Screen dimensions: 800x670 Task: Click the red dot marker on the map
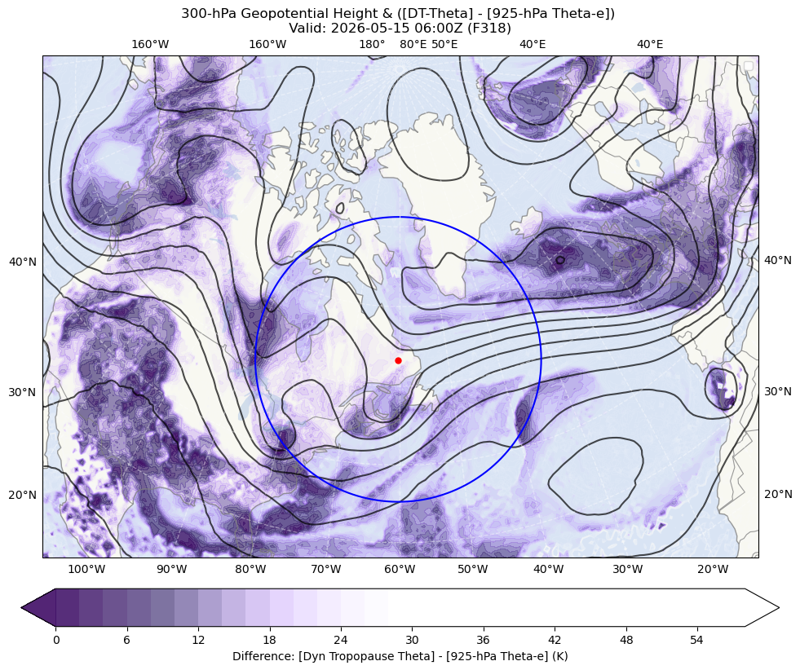click(x=398, y=360)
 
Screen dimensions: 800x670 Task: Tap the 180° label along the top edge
click(x=372, y=44)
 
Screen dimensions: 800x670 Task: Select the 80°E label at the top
click(x=413, y=44)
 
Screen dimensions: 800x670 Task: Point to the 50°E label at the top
click(x=444, y=44)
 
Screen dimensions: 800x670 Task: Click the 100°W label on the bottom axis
click(x=86, y=569)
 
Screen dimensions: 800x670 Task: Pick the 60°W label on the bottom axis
click(x=400, y=569)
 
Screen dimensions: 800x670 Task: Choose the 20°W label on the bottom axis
click(x=713, y=569)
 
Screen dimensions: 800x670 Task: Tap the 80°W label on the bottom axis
click(x=250, y=569)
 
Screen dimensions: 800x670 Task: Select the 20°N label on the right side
click(x=777, y=494)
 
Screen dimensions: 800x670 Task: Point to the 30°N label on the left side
click(x=23, y=393)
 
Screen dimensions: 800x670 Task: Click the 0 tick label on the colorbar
click(x=55, y=640)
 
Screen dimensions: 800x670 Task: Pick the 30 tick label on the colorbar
click(x=412, y=640)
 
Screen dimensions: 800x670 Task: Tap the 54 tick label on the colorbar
click(x=696, y=640)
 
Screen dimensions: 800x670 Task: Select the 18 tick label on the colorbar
click(x=269, y=640)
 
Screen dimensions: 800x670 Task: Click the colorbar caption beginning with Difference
click(x=400, y=656)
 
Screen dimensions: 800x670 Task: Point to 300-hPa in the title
click(x=209, y=14)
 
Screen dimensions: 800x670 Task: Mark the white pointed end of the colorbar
click(x=762, y=607)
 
